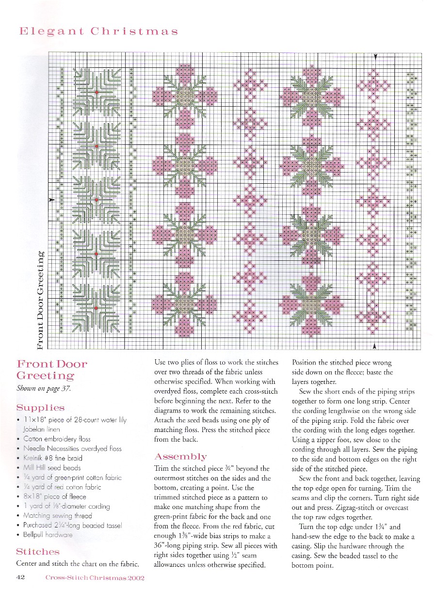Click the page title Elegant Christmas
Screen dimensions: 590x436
[x=98, y=32]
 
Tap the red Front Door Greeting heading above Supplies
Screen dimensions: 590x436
[x=52, y=370]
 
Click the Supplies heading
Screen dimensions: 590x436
[x=40, y=408]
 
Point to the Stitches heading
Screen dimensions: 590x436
[x=38, y=552]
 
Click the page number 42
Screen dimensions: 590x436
[x=20, y=577]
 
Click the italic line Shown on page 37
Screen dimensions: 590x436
[x=44, y=388]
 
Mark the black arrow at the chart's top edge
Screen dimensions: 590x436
[x=375, y=56]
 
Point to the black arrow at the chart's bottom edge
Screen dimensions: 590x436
[x=375, y=346]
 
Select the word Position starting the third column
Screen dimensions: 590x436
[x=306, y=363]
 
